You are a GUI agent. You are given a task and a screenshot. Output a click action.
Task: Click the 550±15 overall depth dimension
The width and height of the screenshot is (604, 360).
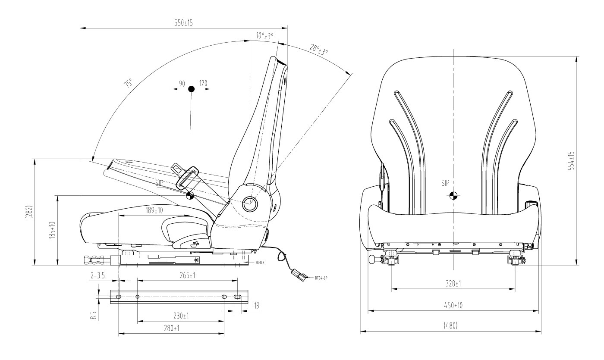(x=184, y=23)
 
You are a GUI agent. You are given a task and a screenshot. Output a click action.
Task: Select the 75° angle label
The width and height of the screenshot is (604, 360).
(x=129, y=83)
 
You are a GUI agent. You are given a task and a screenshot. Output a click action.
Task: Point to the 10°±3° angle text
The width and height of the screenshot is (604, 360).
(x=264, y=36)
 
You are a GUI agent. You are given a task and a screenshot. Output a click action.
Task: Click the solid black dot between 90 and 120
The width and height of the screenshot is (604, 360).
(x=192, y=89)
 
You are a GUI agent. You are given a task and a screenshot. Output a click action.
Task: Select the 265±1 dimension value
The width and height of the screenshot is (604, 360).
(x=186, y=275)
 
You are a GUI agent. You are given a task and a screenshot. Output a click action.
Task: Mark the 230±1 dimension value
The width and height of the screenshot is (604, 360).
(x=181, y=316)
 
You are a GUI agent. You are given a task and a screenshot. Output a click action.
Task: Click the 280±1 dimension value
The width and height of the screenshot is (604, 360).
(x=171, y=328)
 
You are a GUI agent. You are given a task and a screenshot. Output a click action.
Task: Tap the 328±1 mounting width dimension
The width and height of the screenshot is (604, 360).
(x=453, y=284)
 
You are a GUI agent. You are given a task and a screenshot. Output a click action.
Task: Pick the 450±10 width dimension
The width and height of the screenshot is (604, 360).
(x=453, y=305)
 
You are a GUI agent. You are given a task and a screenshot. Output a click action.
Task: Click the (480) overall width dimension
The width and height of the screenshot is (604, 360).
(x=450, y=326)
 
